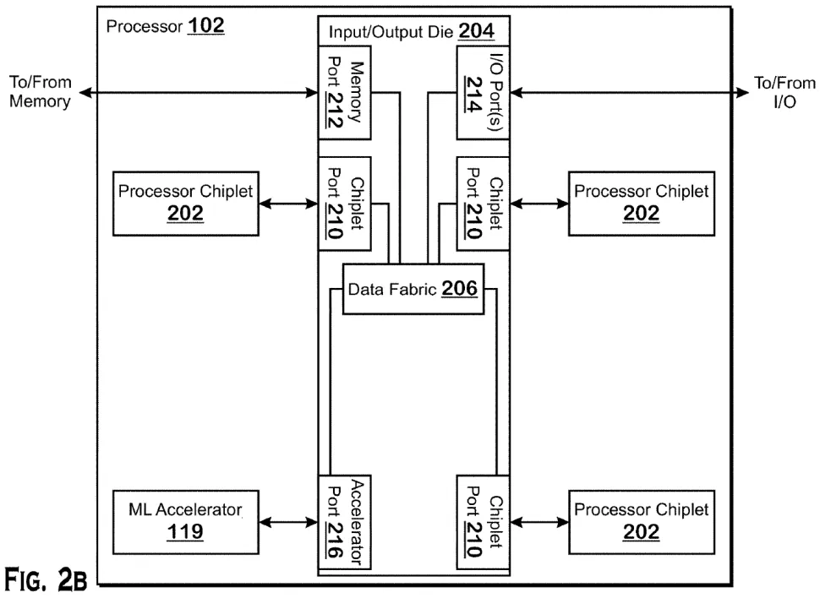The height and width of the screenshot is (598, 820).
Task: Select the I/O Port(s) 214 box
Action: [x=482, y=94]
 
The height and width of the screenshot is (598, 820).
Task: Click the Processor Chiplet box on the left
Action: [x=185, y=203]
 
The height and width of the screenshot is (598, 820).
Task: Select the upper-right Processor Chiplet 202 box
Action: [x=641, y=203]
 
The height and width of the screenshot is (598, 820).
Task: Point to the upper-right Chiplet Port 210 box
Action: [x=482, y=203]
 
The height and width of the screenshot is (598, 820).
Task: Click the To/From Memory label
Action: [x=41, y=93]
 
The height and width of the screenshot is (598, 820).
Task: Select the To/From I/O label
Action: [x=785, y=93]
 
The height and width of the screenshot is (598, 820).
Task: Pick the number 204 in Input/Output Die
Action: [x=476, y=32]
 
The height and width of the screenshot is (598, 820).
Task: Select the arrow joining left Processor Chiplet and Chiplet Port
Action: [x=288, y=204]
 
